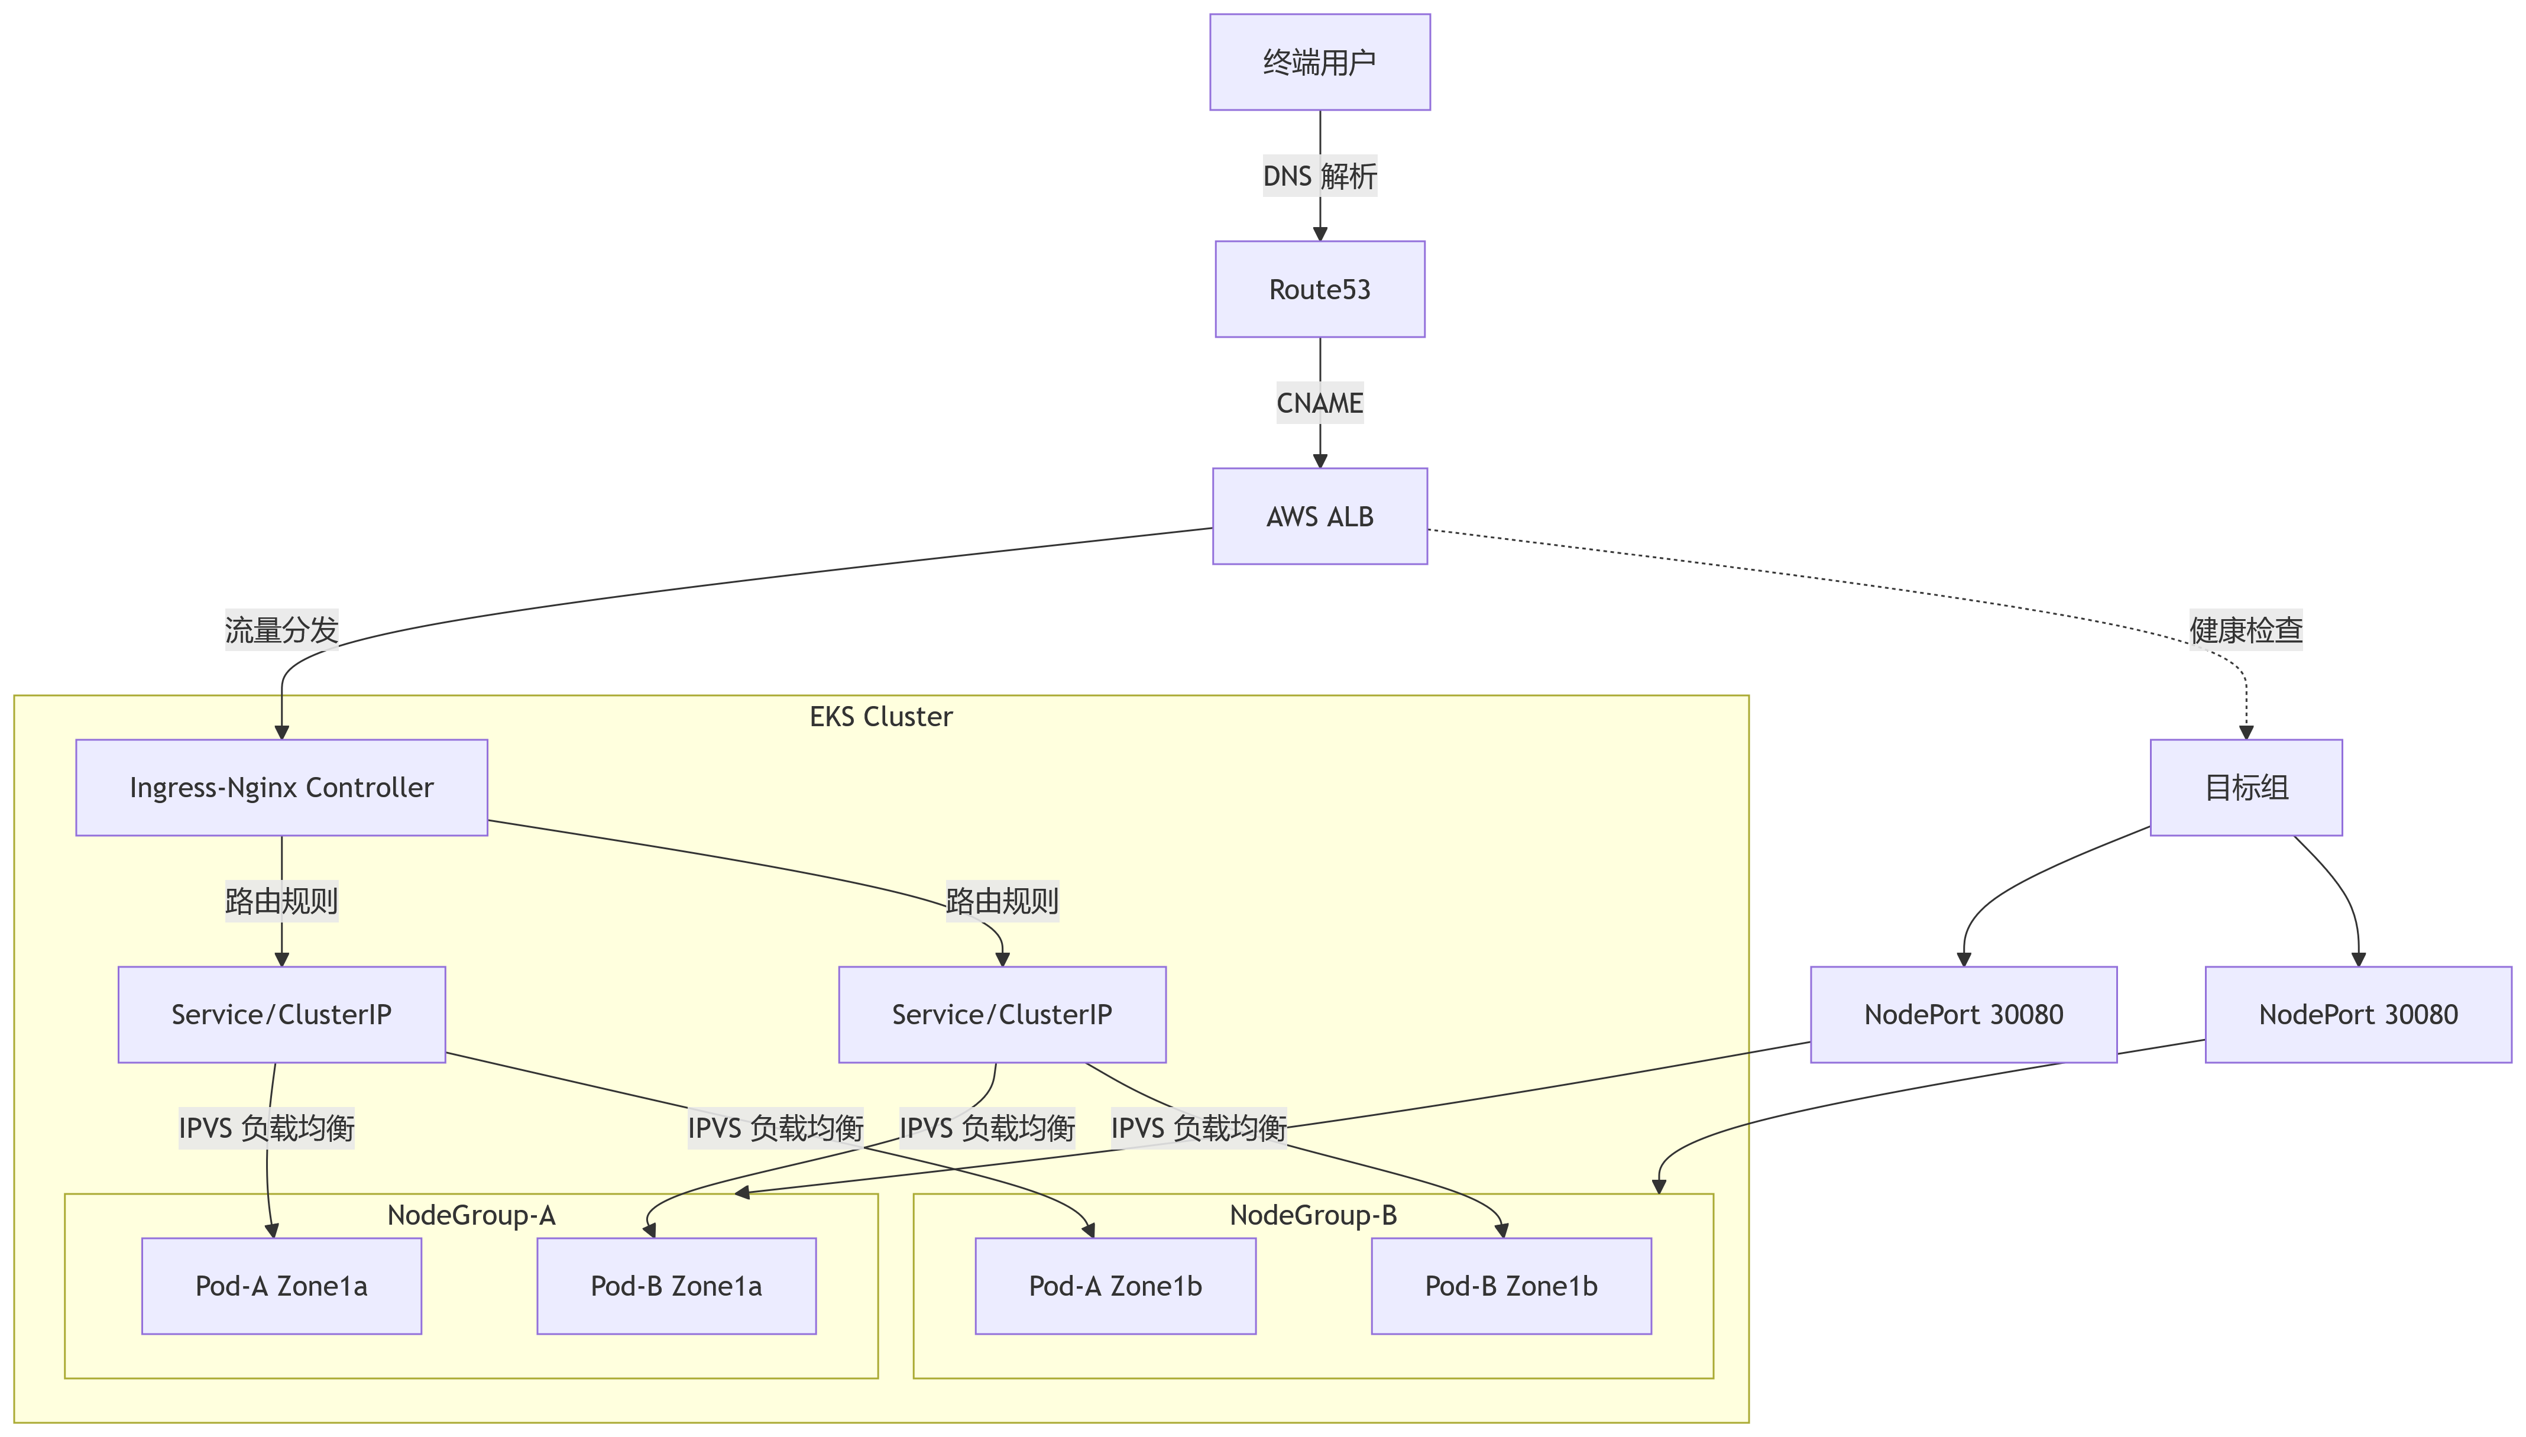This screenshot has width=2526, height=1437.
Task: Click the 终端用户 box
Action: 1319,62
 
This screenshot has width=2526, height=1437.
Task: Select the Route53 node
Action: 1319,289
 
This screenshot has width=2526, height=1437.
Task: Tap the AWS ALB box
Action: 1319,516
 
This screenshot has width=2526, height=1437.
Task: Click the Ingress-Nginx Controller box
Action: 281,788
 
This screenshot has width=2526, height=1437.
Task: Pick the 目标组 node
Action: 2246,788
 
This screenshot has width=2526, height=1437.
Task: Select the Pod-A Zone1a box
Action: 281,1286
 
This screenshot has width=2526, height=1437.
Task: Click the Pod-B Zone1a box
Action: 676,1286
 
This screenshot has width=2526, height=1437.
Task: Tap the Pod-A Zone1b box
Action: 1115,1286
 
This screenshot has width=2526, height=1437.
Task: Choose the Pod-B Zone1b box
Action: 1511,1286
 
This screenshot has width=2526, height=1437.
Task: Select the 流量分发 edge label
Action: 281,630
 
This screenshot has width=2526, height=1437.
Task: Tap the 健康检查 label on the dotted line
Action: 2246,630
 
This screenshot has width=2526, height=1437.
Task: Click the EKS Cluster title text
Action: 880,717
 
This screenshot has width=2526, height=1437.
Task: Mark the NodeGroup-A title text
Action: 471,1215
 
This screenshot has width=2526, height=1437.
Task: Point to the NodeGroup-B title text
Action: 1312,1215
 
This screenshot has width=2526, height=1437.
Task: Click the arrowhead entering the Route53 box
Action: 1319,234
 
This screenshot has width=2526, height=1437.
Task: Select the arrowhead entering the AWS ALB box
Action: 1319,461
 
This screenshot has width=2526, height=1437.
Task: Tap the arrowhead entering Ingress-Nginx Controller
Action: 281,732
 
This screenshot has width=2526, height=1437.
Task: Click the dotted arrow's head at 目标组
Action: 2246,732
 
